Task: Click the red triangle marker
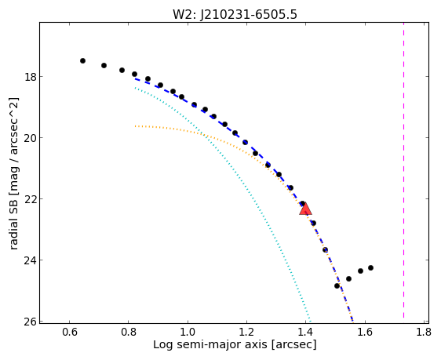point(305,209)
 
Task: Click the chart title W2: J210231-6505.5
point(235,15)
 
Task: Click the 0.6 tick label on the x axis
point(70,333)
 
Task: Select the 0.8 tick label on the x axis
point(129,333)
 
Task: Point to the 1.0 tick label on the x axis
point(188,333)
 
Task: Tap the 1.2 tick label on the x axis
point(246,333)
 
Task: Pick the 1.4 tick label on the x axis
point(306,333)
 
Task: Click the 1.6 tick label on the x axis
point(365,333)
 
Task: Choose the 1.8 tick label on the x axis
point(424,333)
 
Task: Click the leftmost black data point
point(82,60)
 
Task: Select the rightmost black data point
point(370,267)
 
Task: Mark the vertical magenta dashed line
point(404,170)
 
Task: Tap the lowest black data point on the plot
point(337,285)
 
